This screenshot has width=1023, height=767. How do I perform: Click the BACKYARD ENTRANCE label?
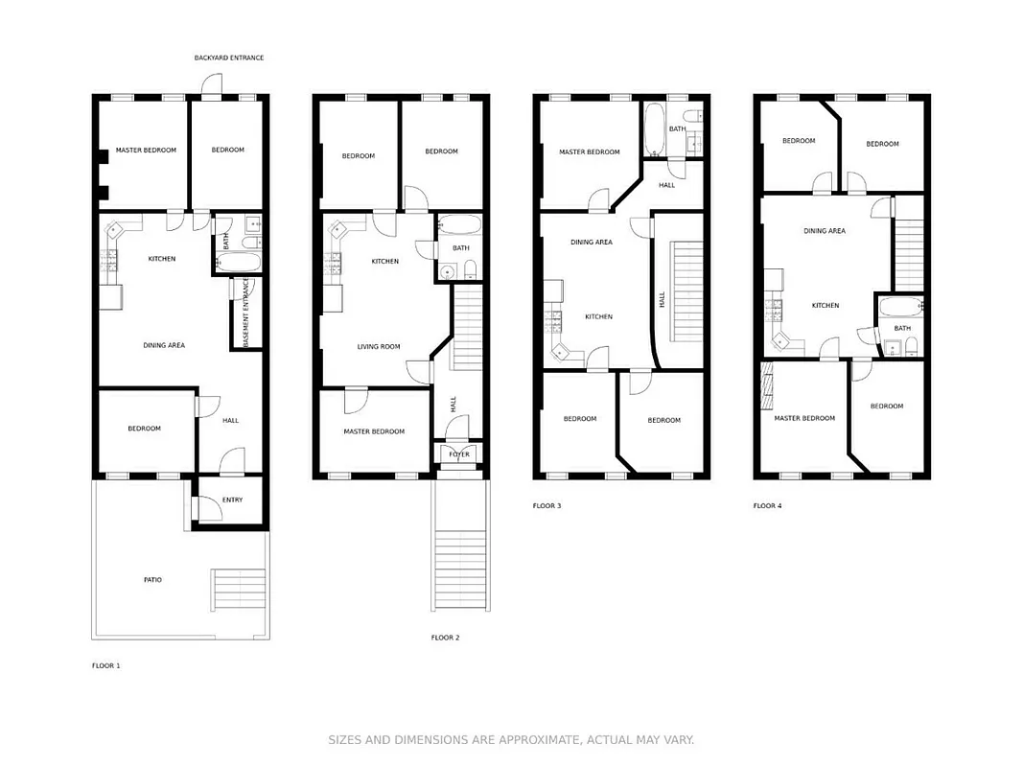point(228,58)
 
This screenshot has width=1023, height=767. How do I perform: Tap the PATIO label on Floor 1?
point(152,579)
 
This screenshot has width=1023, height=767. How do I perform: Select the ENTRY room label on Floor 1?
point(232,500)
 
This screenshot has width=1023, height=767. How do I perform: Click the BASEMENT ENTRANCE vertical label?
point(245,313)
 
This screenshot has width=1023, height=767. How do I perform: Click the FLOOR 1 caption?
point(105,664)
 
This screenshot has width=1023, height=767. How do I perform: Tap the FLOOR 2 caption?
point(445,637)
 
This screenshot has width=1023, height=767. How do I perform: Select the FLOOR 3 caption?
point(546,505)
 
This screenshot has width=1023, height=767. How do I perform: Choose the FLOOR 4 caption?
point(767,505)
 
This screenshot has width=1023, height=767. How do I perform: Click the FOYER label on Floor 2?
point(459,453)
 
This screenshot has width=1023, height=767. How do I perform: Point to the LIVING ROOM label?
point(379,346)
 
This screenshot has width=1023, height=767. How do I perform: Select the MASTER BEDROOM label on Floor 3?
point(589,151)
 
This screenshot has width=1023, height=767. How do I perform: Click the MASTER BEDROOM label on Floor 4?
point(804,418)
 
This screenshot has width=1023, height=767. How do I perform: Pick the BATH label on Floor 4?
point(902,328)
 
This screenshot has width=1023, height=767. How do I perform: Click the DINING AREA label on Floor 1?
point(164,344)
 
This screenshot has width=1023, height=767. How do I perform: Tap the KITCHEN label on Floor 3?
point(598,316)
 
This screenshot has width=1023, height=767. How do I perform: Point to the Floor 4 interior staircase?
point(908,253)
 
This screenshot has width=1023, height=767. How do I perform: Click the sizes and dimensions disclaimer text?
point(511,739)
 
